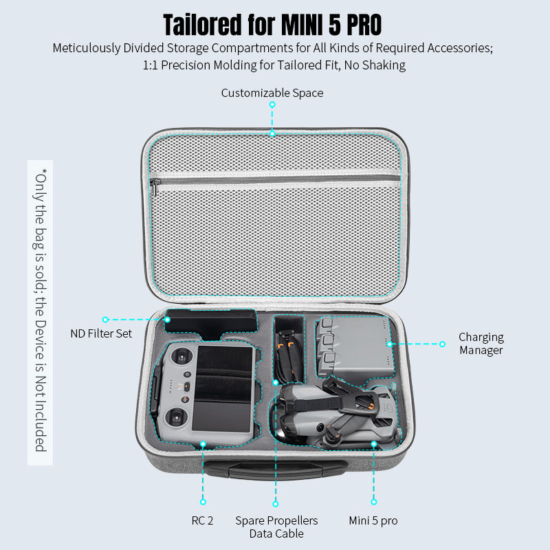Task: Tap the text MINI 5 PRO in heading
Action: [x=332, y=24]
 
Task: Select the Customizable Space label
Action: [x=272, y=93]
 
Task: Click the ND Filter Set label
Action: [x=101, y=334]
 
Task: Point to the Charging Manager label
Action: [x=481, y=344]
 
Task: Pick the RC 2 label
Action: [x=202, y=520]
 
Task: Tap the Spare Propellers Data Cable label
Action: [x=276, y=527]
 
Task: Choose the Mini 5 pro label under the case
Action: [x=373, y=520]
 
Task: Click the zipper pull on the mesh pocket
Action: [x=156, y=184]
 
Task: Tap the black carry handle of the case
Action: [x=275, y=470]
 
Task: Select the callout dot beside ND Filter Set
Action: [x=105, y=320]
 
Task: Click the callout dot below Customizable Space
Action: [x=272, y=104]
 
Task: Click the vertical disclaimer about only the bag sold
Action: [x=40, y=309]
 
